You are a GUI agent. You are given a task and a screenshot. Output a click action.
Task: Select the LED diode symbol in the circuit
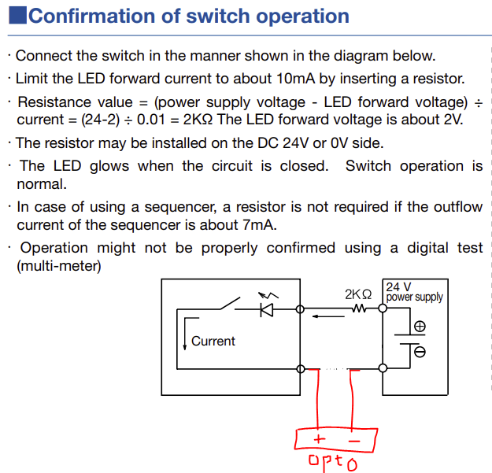coord(266,309)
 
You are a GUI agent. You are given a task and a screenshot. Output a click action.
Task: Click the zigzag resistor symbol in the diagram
coord(359,309)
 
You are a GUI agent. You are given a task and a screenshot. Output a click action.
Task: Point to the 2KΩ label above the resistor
coord(357,294)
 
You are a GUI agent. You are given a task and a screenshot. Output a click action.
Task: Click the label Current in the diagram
coord(213,341)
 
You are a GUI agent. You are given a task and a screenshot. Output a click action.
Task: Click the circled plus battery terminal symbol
coord(420,326)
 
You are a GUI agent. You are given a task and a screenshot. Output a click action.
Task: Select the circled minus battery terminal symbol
coord(420,352)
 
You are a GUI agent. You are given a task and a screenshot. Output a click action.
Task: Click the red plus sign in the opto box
coord(319,439)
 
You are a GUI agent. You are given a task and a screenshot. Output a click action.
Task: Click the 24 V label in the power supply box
coord(398,286)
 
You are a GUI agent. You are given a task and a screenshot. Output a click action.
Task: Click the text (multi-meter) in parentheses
coord(59,266)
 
